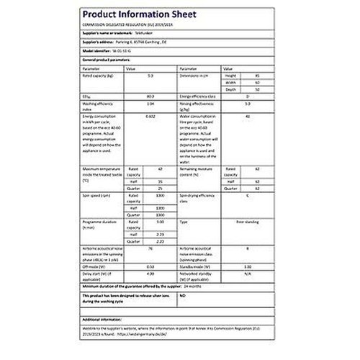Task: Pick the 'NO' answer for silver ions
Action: point(182,295)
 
